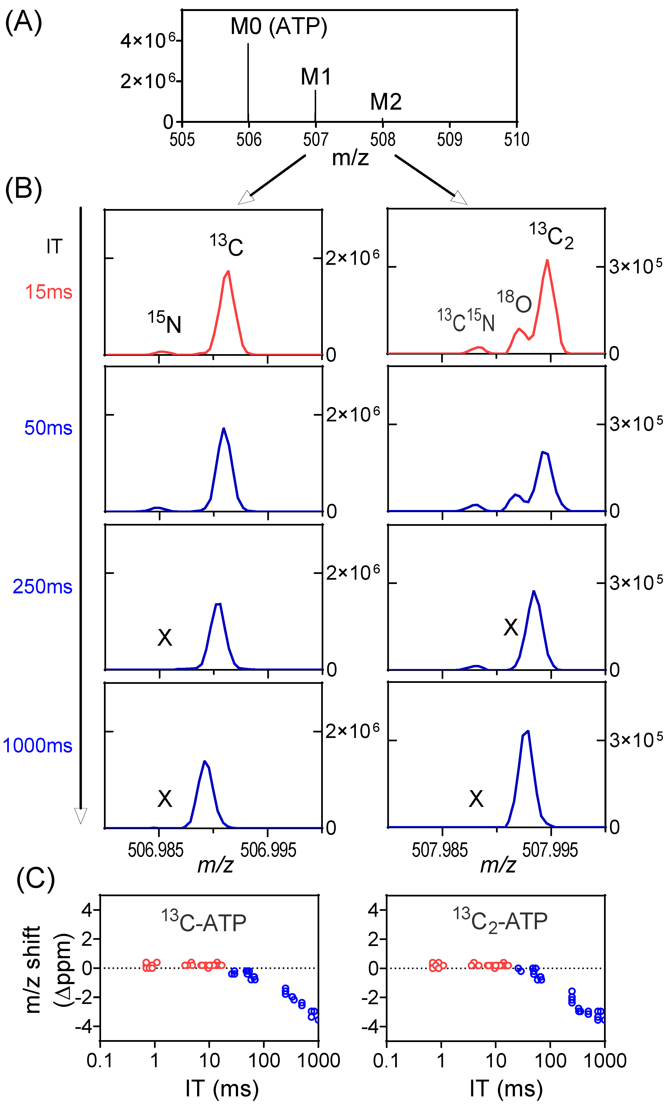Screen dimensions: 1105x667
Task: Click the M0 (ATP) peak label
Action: [279, 27]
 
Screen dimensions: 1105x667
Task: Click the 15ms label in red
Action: [48, 292]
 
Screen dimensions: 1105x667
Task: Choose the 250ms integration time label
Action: [43, 587]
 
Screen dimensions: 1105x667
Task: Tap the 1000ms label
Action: [38, 745]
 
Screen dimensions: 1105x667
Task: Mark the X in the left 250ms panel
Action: [165, 637]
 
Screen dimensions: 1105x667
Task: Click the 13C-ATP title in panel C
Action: [204, 922]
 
